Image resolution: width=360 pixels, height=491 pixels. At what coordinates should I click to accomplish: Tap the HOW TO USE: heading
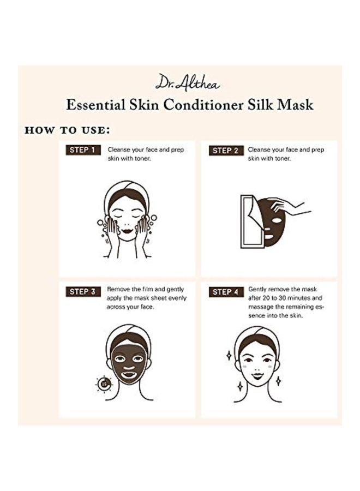click(x=67, y=131)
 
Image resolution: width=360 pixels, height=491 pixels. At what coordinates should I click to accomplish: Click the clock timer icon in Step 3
click(x=104, y=384)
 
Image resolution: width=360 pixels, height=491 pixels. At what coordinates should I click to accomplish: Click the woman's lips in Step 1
click(x=127, y=231)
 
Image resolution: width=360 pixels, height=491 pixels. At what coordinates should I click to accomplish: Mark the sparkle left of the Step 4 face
click(x=229, y=355)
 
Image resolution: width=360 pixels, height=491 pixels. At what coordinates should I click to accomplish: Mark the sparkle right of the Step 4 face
click(x=278, y=380)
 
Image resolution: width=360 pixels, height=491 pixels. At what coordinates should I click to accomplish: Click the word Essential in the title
click(x=95, y=104)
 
